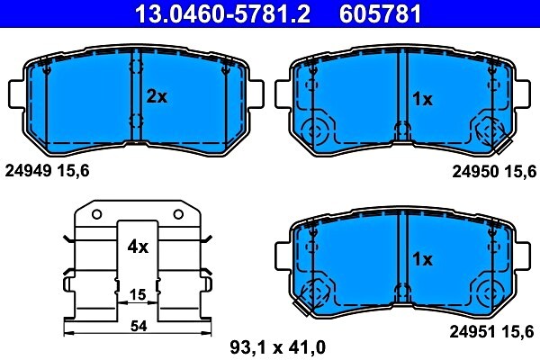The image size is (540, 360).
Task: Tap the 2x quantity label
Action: [x=157, y=97]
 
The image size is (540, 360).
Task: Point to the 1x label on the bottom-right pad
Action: [x=422, y=259]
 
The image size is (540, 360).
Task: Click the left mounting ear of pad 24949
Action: [x=16, y=93]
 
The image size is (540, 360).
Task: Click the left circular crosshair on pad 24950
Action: [x=315, y=131]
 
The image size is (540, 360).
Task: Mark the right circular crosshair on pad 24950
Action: [x=490, y=131]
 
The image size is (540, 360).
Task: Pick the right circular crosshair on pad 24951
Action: [x=490, y=292]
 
